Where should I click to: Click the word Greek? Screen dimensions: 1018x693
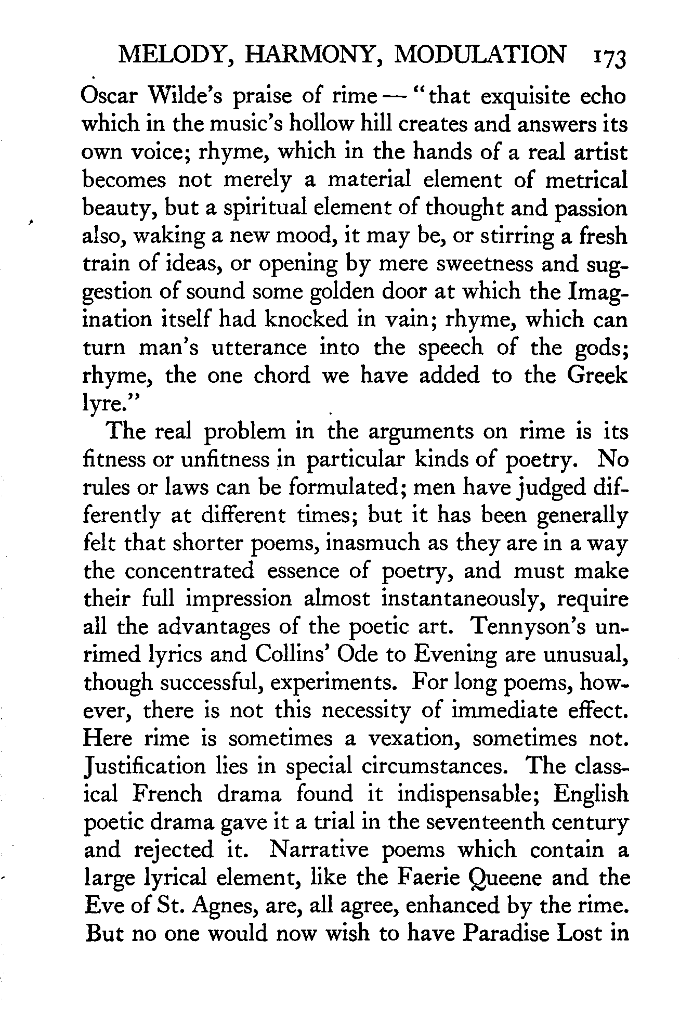click(x=597, y=375)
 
